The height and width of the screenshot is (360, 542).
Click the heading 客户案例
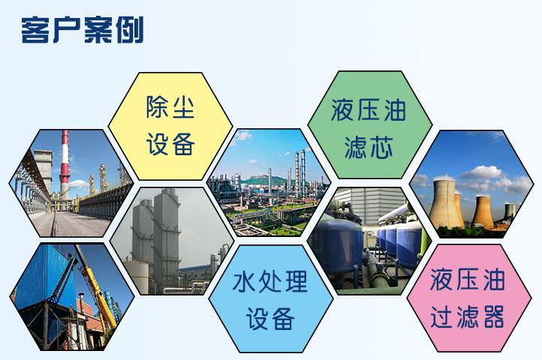(x=83, y=30)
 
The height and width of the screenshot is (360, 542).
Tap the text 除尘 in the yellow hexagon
(x=170, y=107)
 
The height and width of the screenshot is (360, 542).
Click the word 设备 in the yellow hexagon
(x=170, y=144)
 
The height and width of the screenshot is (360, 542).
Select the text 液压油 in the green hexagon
(x=369, y=109)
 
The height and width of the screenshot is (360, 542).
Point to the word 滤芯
(x=369, y=147)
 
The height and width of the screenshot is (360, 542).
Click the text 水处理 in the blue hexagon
(x=270, y=281)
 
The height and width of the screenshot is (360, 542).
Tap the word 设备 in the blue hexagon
(x=270, y=319)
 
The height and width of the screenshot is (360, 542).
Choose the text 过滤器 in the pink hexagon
(x=468, y=316)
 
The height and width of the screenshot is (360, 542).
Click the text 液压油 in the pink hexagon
(x=468, y=279)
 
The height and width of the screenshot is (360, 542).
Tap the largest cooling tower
(x=446, y=204)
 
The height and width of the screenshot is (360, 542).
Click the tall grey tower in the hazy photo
(x=167, y=238)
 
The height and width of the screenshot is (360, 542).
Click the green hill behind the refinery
(x=264, y=180)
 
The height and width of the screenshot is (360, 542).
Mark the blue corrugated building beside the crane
(x=45, y=277)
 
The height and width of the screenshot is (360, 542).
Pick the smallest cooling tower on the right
(x=510, y=211)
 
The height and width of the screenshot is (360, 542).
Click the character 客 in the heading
(x=35, y=31)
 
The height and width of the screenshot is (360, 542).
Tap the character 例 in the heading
(x=130, y=31)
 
